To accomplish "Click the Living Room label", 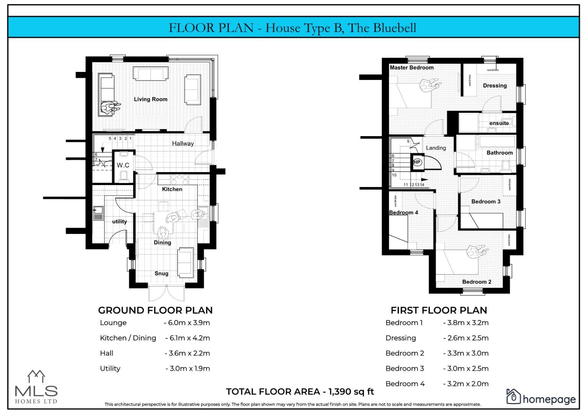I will [x=150, y=99].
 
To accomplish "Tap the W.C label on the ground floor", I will [x=123, y=165].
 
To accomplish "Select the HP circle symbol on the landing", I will [x=417, y=162].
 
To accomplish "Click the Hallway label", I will [x=182, y=143].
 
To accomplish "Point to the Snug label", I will [x=161, y=273].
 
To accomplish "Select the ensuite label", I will [x=499, y=123].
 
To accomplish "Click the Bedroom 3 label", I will [x=485, y=202].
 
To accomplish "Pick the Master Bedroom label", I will [x=411, y=68].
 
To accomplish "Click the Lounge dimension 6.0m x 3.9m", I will [x=187, y=323].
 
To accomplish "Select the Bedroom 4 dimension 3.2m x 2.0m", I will [x=465, y=384].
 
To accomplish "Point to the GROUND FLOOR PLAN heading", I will [x=155, y=310].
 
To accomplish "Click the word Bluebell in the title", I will [x=394, y=28].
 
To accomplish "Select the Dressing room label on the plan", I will [x=495, y=86].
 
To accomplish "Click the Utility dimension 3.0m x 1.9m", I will [x=187, y=369].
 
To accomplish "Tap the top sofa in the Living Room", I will [x=150, y=74].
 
